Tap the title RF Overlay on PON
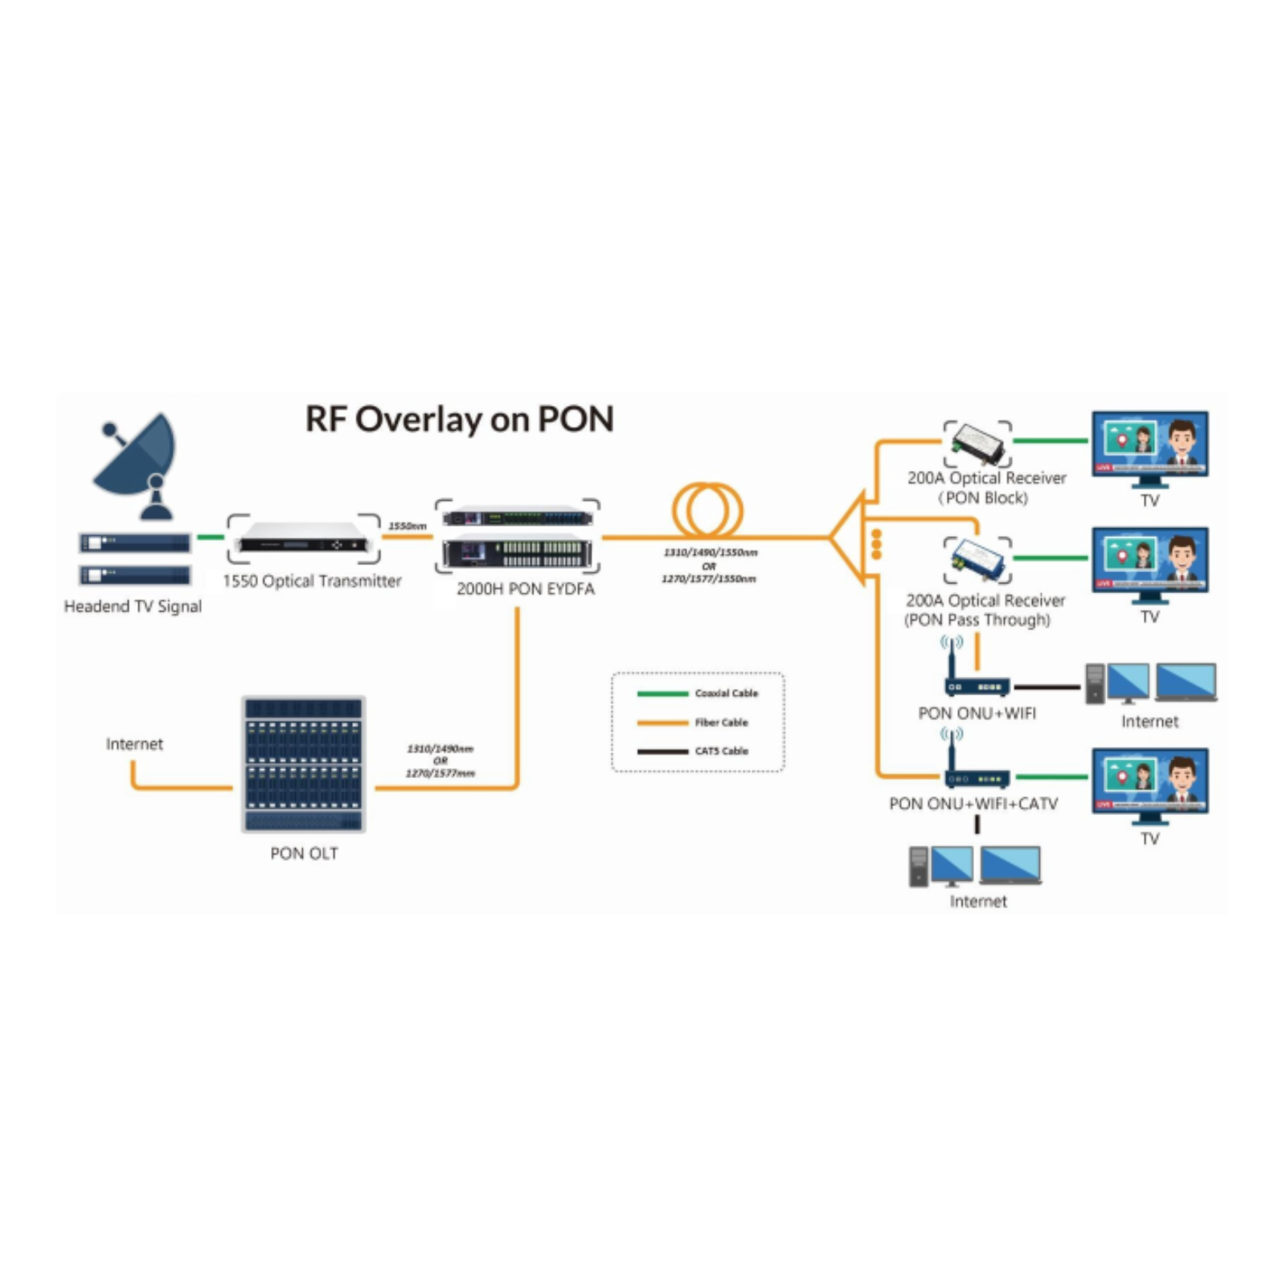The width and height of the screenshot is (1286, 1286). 459,420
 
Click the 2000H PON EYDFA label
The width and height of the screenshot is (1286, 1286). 526,589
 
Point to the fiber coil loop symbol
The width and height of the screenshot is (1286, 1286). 707,510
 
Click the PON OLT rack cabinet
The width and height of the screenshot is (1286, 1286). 304,764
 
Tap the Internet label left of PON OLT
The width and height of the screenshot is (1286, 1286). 134,744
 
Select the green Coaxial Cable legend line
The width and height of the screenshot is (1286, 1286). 662,694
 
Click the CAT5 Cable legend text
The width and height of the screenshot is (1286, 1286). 722,752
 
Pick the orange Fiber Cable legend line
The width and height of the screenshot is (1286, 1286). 662,723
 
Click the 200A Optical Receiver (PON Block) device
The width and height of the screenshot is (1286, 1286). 978,444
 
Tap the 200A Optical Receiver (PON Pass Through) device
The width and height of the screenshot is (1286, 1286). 978,559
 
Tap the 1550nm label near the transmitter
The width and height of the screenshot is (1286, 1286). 408,526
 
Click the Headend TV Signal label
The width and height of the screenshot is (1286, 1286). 133,607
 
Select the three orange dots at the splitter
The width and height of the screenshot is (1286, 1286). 876,544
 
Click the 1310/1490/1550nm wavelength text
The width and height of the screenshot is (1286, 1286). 710,553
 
